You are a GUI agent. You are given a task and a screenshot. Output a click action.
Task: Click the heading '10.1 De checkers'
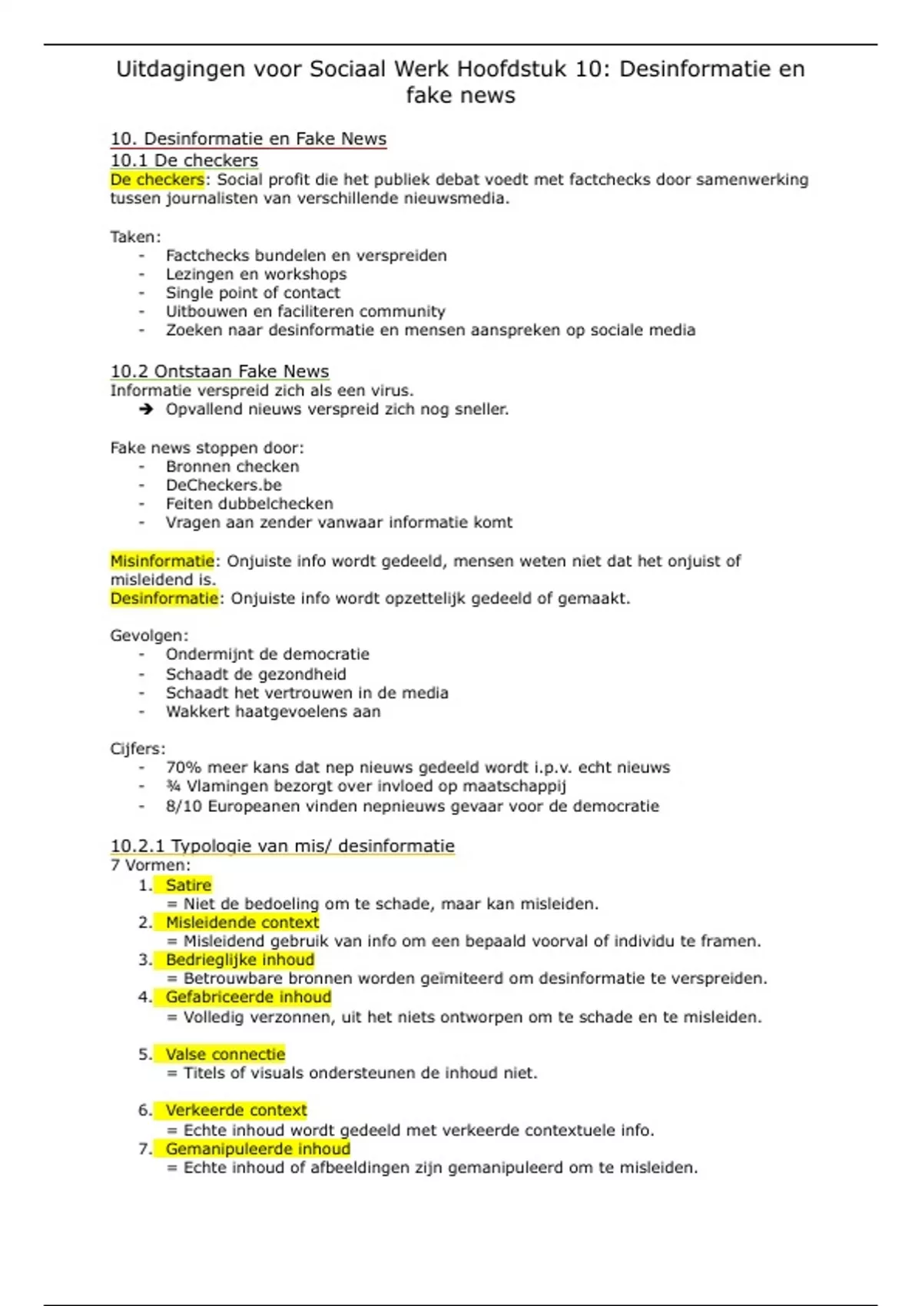pyautogui.click(x=184, y=160)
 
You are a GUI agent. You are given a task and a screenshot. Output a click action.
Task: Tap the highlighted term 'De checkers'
pyautogui.click(x=157, y=180)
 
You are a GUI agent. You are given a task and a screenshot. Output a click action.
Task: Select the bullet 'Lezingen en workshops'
pyautogui.click(x=256, y=274)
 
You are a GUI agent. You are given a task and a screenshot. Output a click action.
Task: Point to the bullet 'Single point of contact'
pyautogui.click(x=253, y=293)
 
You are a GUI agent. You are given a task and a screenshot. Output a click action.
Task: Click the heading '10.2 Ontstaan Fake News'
pyautogui.click(x=219, y=371)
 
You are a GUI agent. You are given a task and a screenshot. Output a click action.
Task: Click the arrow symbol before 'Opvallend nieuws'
pyautogui.click(x=146, y=409)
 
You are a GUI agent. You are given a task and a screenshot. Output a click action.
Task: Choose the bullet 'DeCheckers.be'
pyautogui.click(x=224, y=485)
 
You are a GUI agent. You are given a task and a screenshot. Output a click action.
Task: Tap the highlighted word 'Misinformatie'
pyautogui.click(x=162, y=561)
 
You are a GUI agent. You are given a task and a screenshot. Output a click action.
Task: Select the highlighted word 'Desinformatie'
pyautogui.click(x=164, y=598)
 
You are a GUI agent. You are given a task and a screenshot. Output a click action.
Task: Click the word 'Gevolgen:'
pyautogui.click(x=149, y=635)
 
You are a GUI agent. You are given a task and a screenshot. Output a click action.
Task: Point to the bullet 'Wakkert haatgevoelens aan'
pyautogui.click(x=273, y=711)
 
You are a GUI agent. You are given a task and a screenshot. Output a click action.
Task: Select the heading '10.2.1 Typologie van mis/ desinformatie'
pyautogui.click(x=282, y=846)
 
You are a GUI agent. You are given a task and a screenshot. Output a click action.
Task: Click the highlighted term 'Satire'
pyautogui.click(x=188, y=885)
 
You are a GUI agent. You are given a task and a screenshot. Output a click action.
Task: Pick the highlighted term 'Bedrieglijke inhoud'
pyautogui.click(x=240, y=960)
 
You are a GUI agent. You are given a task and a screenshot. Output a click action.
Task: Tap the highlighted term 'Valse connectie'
pyautogui.click(x=225, y=1054)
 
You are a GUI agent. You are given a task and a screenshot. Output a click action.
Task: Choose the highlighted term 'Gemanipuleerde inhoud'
pyautogui.click(x=257, y=1149)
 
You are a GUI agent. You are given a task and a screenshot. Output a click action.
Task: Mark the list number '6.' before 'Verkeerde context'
pyautogui.click(x=145, y=1110)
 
